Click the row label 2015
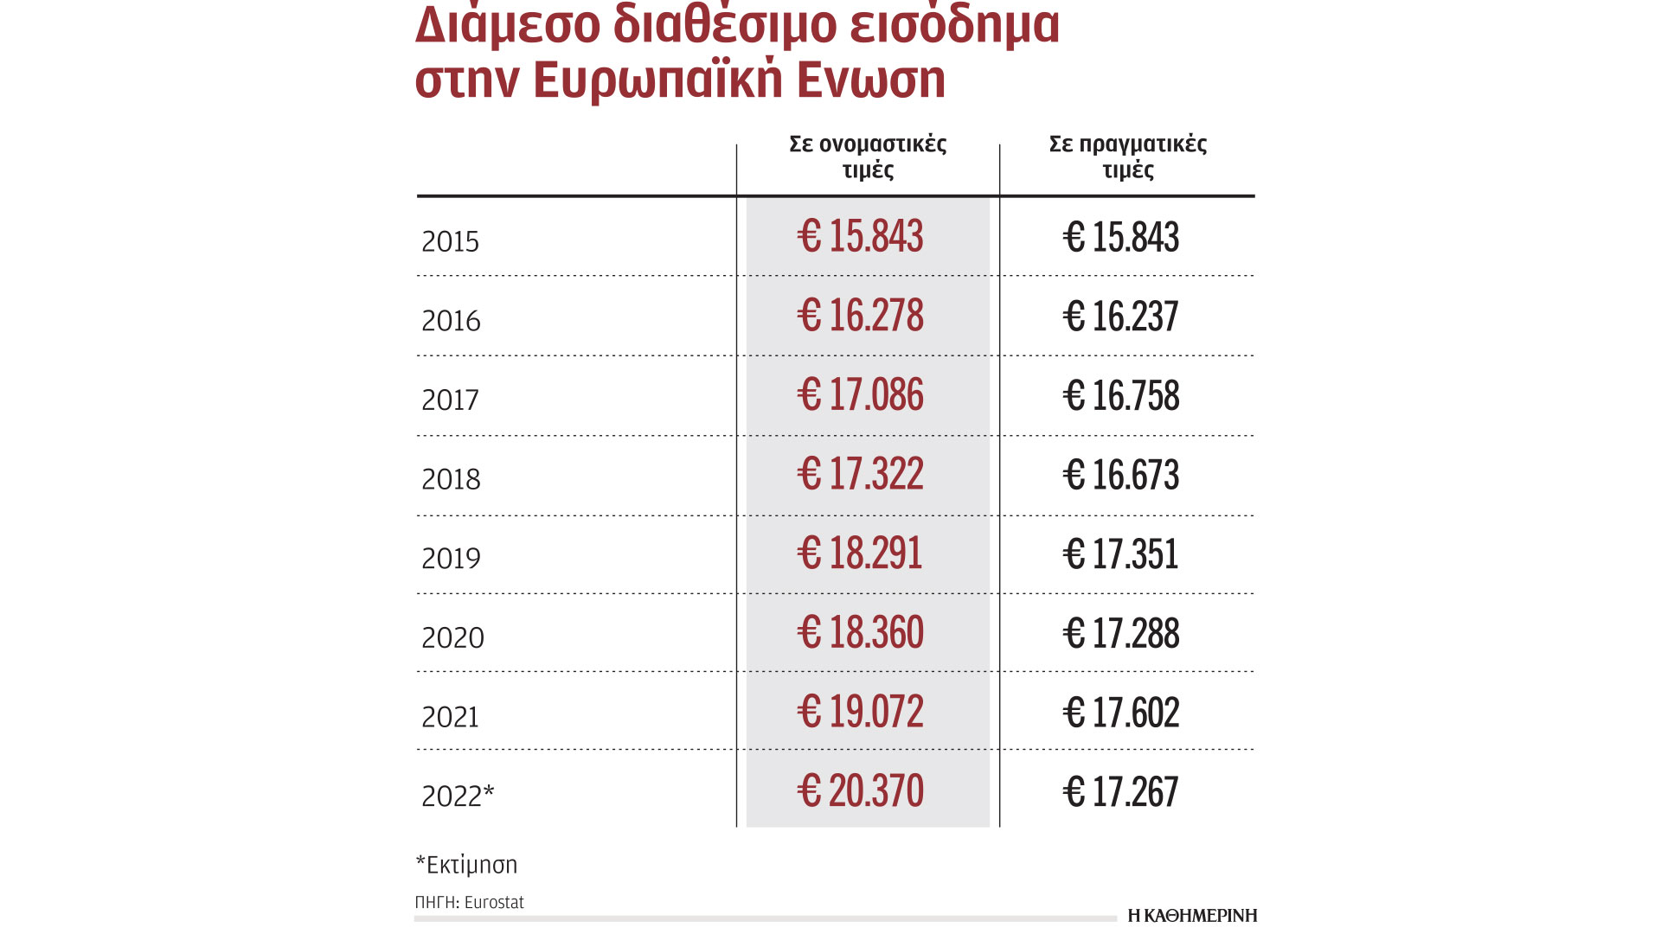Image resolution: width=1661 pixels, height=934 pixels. tap(450, 241)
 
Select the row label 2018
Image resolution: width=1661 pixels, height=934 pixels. tap(451, 479)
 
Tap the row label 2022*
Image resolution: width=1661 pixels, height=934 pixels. tap(458, 796)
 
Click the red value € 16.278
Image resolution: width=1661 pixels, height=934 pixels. tap(860, 316)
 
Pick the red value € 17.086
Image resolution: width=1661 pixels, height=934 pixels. tap(860, 395)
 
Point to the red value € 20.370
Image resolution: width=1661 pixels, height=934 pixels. tap(860, 791)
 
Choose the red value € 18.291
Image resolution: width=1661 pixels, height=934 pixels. tap(860, 553)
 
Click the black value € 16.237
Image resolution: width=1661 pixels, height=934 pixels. tap(1120, 317)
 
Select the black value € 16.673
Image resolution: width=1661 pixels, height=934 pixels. tap(1120, 475)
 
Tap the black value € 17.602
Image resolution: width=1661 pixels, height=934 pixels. tap(1120, 713)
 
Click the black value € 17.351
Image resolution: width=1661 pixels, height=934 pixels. tap(1120, 554)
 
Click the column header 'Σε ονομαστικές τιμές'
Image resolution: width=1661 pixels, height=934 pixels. tap(868, 157)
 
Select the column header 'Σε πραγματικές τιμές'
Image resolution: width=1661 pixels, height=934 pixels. tap(1127, 157)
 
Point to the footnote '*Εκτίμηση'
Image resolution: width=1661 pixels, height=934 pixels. tap(466, 865)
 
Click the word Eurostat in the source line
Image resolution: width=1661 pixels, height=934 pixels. tap(494, 903)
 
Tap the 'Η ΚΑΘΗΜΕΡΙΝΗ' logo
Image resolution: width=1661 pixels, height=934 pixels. tap(1192, 915)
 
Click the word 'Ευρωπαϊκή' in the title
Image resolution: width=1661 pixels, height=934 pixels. tap(657, 79)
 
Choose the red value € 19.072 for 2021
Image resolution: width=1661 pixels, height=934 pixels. tap(860, 712)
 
